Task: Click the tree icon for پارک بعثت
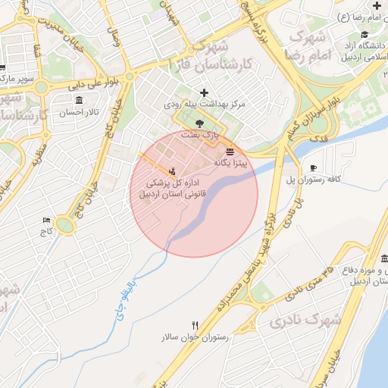pyautogui.click(x=199, y=123)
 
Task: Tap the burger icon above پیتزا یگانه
pyautogui.click(x=230, y=151)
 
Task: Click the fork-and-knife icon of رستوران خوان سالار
pyautogui.click(x=196, y=325)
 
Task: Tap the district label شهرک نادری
pyautogui.click(x=304, y=321)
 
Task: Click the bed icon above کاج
pyautogui.click(x=47, y=221)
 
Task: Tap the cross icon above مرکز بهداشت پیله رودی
pyautogui.click(x=203, y=92)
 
